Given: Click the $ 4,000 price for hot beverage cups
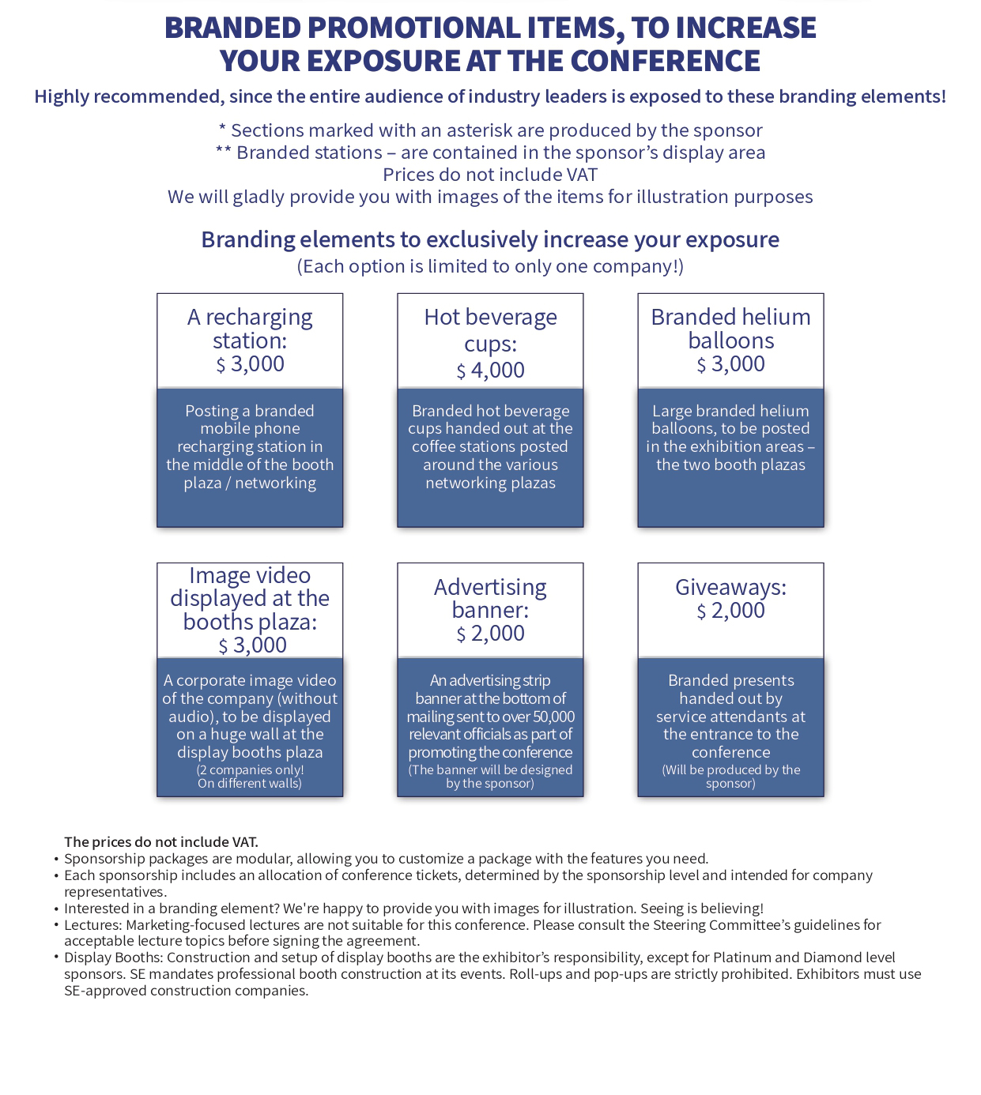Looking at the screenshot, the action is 490,371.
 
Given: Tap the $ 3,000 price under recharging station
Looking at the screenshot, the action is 250,364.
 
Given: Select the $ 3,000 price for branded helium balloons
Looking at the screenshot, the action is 730,364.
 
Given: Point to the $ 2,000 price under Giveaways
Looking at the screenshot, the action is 730,611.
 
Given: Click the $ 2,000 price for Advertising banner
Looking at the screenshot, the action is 490,634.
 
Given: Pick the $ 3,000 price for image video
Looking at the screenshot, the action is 252,645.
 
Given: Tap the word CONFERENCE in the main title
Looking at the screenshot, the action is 665,60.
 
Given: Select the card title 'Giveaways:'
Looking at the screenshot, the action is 730,587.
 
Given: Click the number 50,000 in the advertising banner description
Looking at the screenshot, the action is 554,717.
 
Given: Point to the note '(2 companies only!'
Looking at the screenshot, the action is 250,770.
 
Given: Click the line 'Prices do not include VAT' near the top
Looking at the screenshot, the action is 490,175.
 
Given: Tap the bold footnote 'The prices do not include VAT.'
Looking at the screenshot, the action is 161,842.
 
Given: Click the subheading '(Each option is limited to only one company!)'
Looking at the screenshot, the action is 490,266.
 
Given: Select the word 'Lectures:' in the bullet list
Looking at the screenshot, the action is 92,925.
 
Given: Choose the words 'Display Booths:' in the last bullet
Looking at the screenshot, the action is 113,958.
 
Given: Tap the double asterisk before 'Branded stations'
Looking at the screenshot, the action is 224,150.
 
